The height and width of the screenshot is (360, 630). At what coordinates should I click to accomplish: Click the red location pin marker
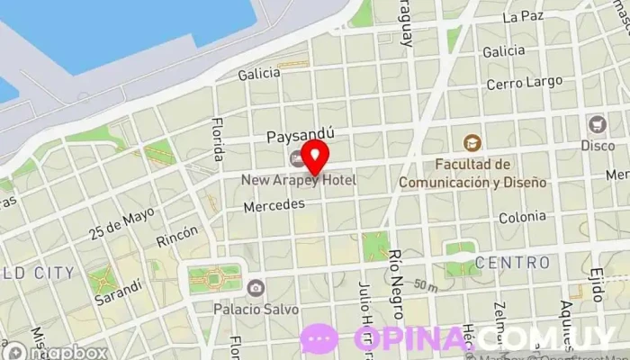click(x=314, y=156)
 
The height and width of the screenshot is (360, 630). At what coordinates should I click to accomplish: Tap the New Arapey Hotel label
click(x=298, y=180)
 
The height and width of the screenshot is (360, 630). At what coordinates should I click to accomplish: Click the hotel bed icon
click(x=297, y=160)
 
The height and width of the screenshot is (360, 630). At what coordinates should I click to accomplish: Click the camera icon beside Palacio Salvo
click(x=256, y=288)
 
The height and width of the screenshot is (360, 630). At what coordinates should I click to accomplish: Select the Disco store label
click(x=597, y=145)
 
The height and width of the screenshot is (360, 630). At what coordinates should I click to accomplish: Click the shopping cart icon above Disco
click(x=597, y=124)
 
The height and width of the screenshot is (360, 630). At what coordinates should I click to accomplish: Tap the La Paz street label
click(x=524, y=16)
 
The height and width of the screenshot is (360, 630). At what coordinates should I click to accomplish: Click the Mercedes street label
click(x=274, y=205)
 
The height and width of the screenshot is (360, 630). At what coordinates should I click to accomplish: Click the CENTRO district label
click(x=511, y=263)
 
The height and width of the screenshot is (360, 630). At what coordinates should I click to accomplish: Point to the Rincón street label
click(x=176, y=236)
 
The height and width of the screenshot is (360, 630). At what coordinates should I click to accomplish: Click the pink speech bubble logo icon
click(x=319, y=338)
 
